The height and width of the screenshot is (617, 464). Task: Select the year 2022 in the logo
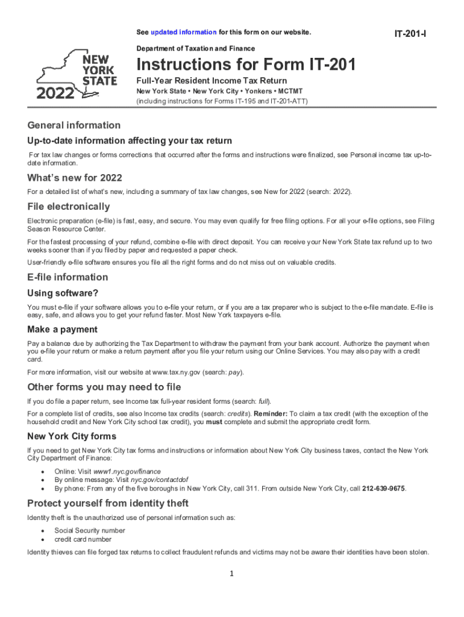pos(56,93)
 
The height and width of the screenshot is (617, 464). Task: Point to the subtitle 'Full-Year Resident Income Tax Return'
pos(212,81)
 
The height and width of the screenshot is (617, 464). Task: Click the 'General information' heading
pos(74,125)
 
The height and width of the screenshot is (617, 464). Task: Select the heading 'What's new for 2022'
pos(75,178)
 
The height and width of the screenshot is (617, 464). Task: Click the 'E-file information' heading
pos(68,277)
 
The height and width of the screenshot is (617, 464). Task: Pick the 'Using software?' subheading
pos(63,293)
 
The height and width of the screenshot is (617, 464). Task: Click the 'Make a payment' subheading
pos(63,330)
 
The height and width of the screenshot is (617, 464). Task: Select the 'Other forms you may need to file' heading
pos(104,387)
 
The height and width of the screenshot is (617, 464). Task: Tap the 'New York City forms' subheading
pos(72,436)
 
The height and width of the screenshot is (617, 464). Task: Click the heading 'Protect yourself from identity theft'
pos(108,503)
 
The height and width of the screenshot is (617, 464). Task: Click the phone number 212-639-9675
pos(384,489)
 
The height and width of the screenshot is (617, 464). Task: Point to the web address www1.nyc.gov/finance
pos(127,471)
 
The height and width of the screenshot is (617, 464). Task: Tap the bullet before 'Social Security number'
pos(42,531)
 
